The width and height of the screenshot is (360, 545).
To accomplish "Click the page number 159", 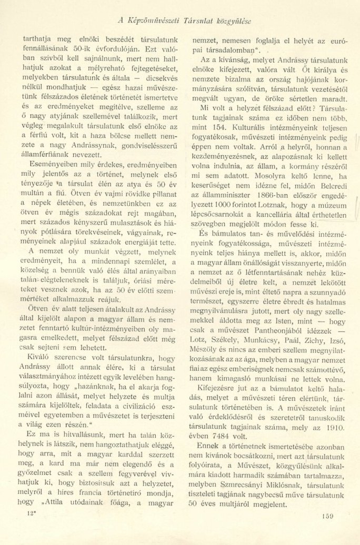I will (326, 517).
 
